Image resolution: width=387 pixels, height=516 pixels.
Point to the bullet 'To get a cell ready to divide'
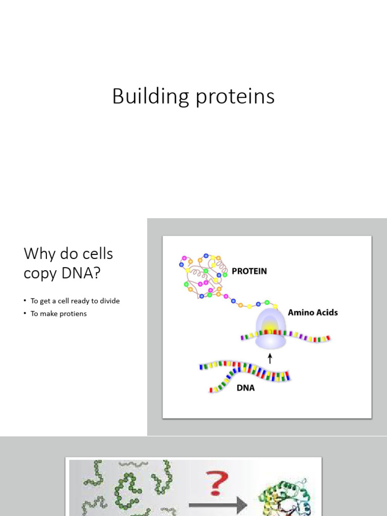pos(75,301)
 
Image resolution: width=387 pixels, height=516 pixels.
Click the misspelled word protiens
pos(74,313)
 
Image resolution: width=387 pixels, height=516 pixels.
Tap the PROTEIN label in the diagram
pos(249,271)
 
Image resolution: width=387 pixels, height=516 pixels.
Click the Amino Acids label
pos(312,312)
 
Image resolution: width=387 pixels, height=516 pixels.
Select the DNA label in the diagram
pos(245,388)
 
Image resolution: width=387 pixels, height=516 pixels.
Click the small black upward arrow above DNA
pos(270,358)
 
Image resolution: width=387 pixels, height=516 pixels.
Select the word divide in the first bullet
pos(110,301)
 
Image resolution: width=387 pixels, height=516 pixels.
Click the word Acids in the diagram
pos(327,312)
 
